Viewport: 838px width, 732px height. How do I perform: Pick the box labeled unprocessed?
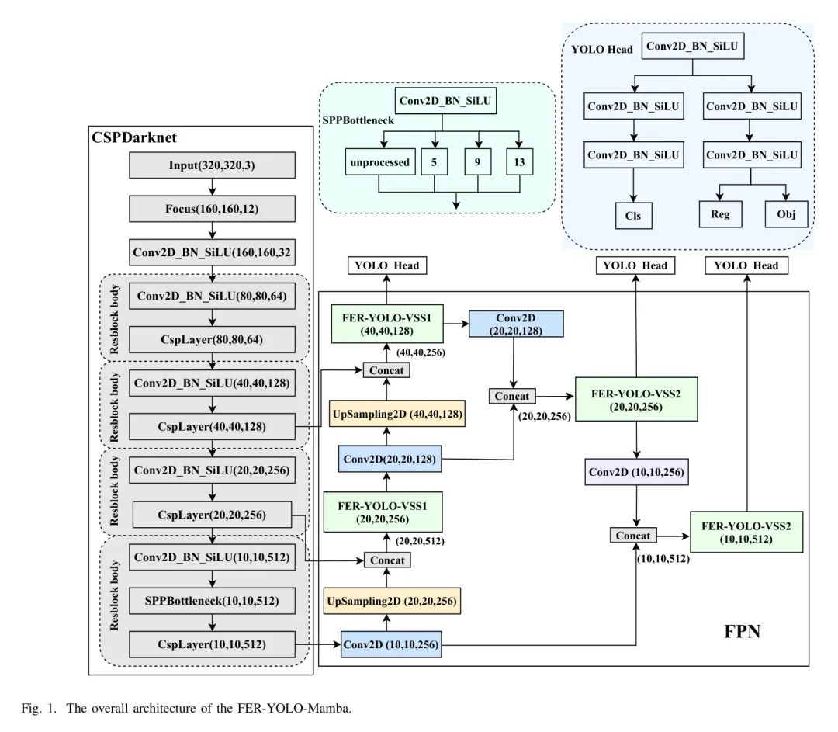[379, 163]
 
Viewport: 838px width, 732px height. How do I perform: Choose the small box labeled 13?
[518, 163]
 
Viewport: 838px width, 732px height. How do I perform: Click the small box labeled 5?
[434, 163]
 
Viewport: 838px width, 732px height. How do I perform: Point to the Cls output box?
[633, 215]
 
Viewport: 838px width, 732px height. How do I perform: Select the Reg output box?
[720, 214]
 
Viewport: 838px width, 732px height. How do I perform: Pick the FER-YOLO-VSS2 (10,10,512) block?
[746, 532]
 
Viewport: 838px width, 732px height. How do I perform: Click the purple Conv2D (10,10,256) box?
[636, 472]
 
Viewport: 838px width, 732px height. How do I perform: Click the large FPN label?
[742, 630]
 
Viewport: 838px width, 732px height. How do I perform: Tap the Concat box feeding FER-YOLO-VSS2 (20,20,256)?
[513, 396]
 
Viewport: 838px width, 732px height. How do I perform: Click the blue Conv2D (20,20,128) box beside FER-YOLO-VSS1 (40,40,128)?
[516, 324]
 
